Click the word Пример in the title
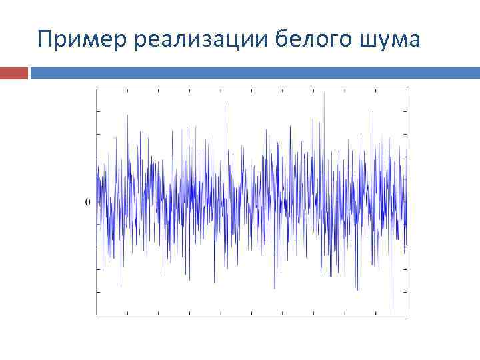[83, 40]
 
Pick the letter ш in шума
[369, 42]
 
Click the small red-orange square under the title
[14, 72]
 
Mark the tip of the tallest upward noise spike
[324, 93]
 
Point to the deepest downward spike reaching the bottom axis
[391, 312]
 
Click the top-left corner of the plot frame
[97, 89]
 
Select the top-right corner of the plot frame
[407, 89]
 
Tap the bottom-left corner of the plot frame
[97, 314]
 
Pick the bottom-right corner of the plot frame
[407, 314]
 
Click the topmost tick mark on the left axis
[98, 111]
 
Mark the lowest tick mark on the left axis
[98, 291]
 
